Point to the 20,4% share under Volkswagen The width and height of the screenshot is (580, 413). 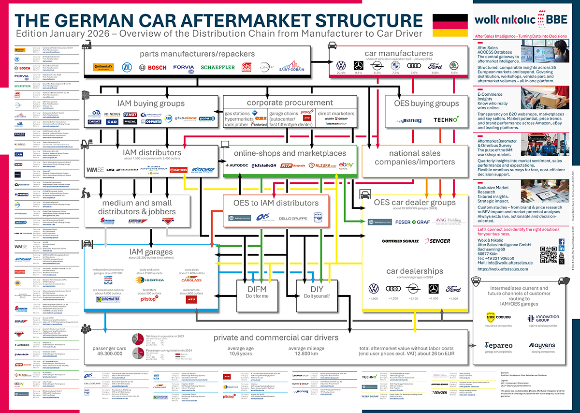tap(341, 73)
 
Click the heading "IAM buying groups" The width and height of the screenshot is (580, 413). tap(151, 103)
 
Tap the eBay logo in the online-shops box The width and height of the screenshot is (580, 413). tap(346, 165)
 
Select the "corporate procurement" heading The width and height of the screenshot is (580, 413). tap(290, 103)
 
